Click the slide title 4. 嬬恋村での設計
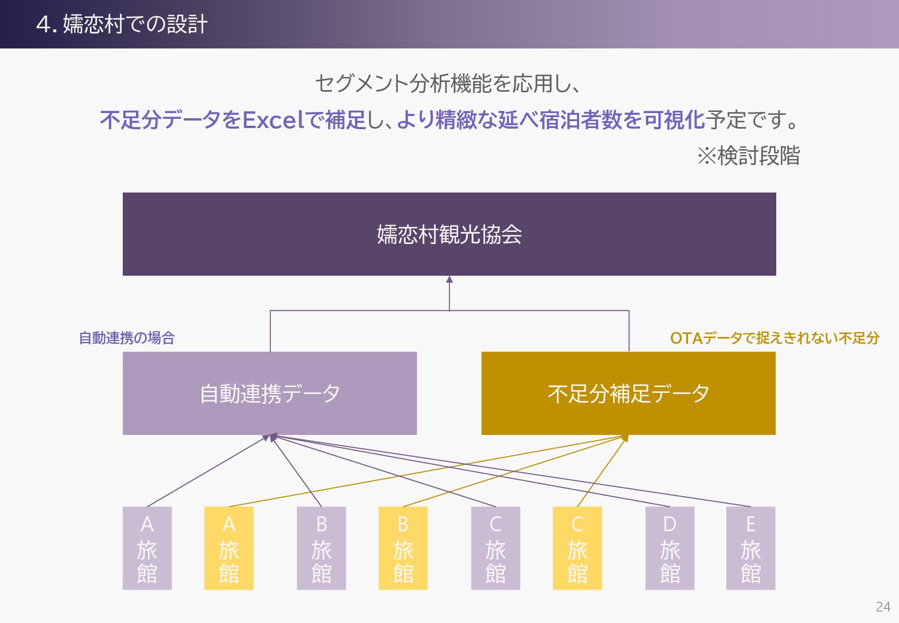[x=122, y=24]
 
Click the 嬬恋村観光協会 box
[x=449, y=234]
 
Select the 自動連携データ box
[x=269, y=393]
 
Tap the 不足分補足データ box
[x=628, y=393]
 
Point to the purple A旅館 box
[x=147, y=548]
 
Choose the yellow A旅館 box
[x=229, y=548]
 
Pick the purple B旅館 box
[x=321, y=548]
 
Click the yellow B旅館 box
[x=403, y=548]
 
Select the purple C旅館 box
[x=496, y=548]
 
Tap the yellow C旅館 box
[x=577, y=548]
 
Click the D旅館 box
[x=670, y=548]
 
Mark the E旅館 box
[x=750, y=548]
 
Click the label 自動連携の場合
[x=127, y=338]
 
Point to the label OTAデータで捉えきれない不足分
[x=775, y=338]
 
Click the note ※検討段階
[x=748, y=156]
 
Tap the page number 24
[x=882, y=607]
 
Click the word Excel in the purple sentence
[x=273, y=120]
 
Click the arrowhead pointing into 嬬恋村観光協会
[x=449, y=280]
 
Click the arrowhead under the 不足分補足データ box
[x=625, y=438]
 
